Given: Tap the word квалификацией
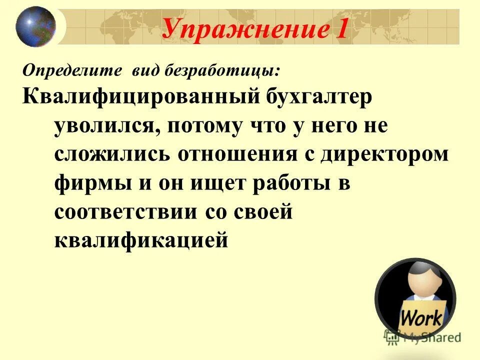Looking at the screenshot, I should click(141, 241).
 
